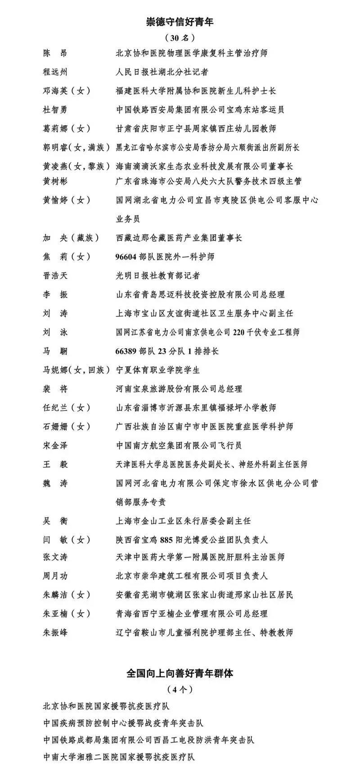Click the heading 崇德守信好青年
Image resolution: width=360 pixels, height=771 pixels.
[x=180, y=21]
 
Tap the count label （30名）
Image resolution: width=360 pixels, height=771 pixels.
[x=180, y=37]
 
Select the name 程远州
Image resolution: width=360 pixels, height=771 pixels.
[x=55, y=72]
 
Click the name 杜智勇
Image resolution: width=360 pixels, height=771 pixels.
[x=55, y=110]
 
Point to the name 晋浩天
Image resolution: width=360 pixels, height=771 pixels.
[x=55, y=275]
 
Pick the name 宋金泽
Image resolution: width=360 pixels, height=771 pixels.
[x=55, y=445]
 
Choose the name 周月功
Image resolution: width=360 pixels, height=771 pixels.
[x=55, y=576]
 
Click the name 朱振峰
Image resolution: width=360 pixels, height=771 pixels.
[x=55, y=632]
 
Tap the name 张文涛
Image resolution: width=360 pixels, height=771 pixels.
[x=55, y=557]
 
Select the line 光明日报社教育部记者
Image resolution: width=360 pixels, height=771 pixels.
[x=158, y=275]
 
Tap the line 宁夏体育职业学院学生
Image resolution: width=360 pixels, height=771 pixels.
[x=158, y=370]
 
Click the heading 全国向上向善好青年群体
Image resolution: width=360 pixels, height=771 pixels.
[x=180, y=674]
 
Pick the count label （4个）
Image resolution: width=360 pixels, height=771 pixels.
[x=180, y=690]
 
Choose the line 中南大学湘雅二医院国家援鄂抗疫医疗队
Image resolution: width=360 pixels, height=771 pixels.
[x=119, y=757]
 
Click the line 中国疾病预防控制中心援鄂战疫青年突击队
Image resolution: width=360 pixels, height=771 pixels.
[x=124, y=723]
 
